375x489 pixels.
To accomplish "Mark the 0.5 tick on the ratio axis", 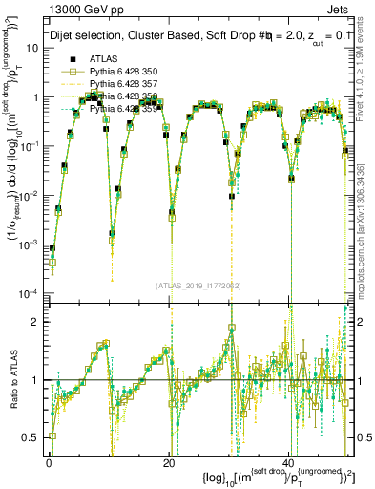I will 36,437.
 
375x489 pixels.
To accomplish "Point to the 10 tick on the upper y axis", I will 34,49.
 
